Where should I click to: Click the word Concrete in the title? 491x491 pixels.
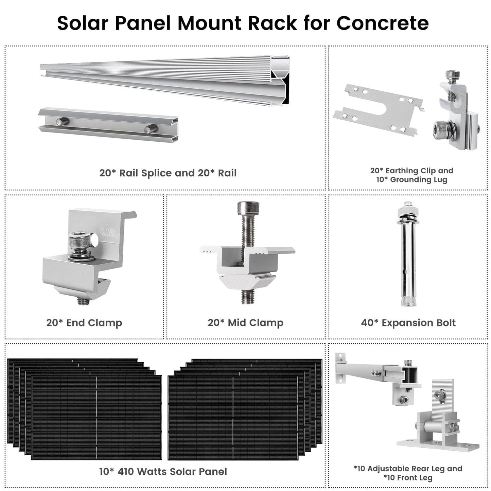pos(382,23)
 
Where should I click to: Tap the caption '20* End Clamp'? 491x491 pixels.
pos(84,322)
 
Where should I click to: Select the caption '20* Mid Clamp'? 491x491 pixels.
pos(245,322)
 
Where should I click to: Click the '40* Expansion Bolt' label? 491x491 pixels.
pos(408,322)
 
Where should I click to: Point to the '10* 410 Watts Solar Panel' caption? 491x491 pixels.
pos(163,472)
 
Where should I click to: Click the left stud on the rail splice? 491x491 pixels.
pos(63,121)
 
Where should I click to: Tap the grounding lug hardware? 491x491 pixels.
pos(455,112)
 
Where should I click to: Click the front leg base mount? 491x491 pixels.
pos(438,425)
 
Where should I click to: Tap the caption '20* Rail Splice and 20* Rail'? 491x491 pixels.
pos(168,173)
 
